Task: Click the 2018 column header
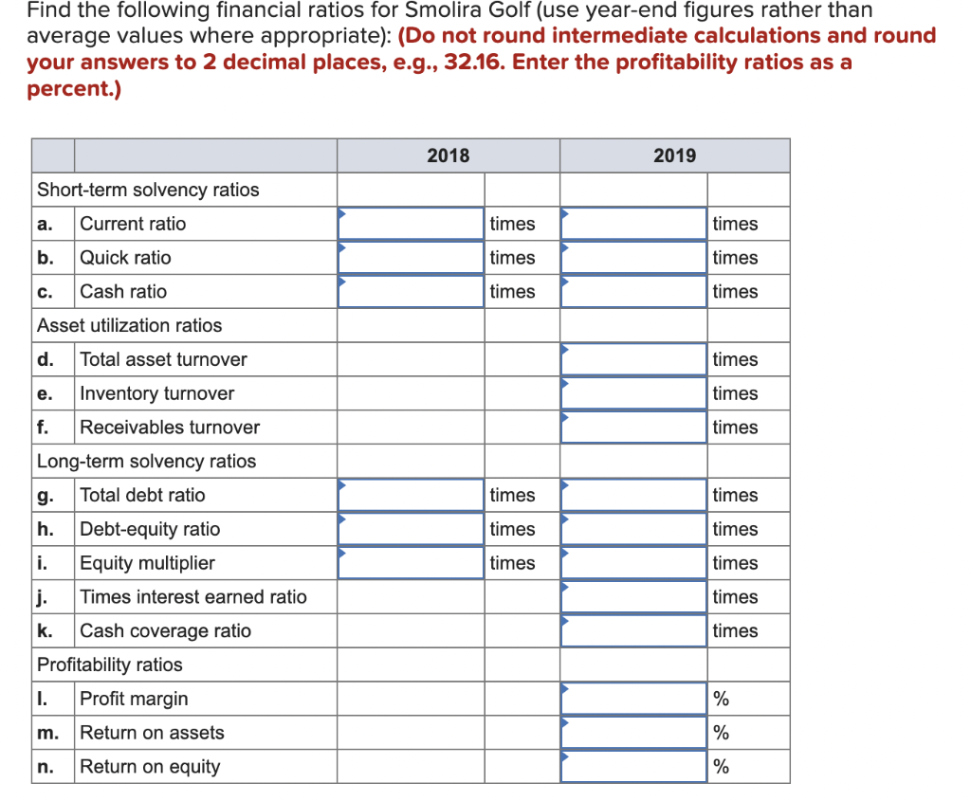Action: (448, 155)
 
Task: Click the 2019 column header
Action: (674, 155)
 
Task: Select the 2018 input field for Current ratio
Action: (411, 224)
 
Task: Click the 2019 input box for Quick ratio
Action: (633, 258)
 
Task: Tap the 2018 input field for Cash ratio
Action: (411, 292)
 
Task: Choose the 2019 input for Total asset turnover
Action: (633, 359)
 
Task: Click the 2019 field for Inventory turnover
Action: (633, 393)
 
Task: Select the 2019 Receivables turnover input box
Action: (633, 428)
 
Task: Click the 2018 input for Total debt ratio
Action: (411, 495)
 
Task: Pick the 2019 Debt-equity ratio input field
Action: (633, 529)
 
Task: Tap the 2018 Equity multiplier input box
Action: (411, 563)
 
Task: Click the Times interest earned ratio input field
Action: (633, 597)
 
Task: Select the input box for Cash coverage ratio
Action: (633, 631)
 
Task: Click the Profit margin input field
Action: (633, 699)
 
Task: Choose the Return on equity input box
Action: (633, 767)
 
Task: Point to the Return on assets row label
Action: (152, 733)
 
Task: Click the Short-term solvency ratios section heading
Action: (148, 190)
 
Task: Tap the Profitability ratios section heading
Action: (109, 664)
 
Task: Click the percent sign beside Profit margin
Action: (722, 700)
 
